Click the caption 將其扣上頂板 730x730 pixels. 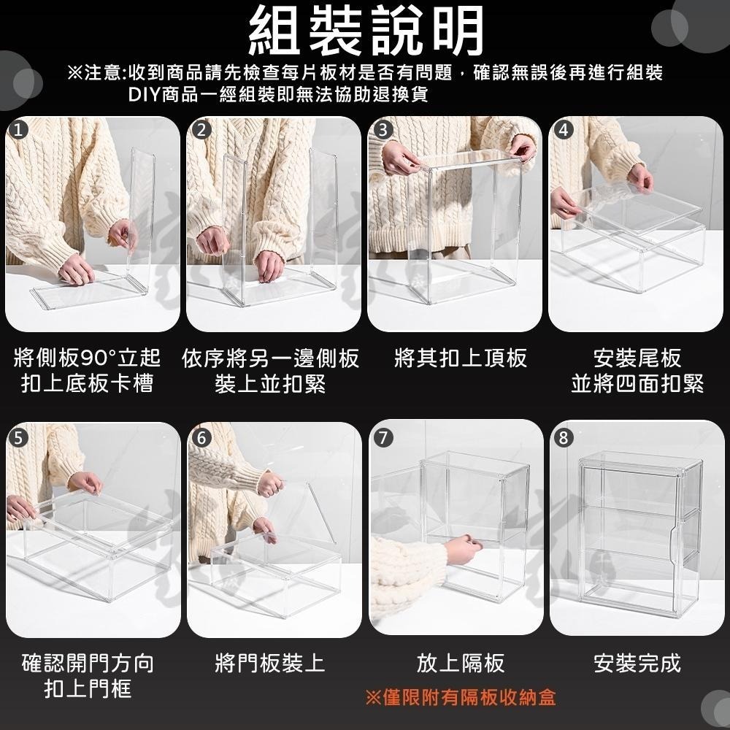point(460,358)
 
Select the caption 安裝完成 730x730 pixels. point(637,664)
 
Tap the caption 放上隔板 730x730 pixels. point(460,664)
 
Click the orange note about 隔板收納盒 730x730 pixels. point(460,697)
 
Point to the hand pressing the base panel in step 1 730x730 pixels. point(76,269)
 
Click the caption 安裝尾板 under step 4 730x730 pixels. point(637,358)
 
